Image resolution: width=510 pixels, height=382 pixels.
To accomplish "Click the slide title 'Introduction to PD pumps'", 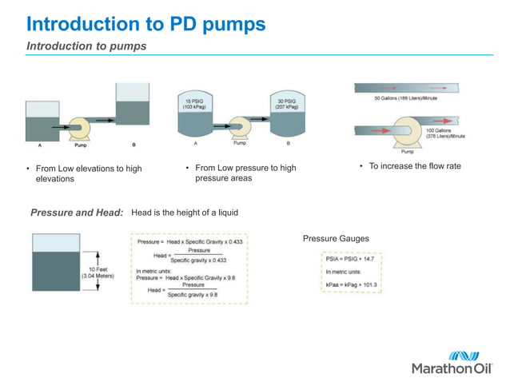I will (x=145, y=24).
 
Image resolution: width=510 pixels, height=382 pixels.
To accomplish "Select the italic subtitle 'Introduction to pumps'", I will (x=86, y=46).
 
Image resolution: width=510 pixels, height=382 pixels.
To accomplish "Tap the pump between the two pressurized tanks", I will (x=239, y=125).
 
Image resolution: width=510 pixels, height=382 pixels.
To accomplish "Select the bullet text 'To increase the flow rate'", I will (x=414, y=166).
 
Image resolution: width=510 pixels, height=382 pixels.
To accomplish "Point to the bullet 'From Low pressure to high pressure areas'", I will (x=245, y=173).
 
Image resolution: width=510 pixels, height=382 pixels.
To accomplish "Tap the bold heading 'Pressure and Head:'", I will (x=77, y=213).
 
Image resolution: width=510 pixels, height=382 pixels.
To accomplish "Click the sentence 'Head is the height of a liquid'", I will (x=185, y=213).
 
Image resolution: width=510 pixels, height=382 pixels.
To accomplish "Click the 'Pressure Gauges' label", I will (x=336, y=239).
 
